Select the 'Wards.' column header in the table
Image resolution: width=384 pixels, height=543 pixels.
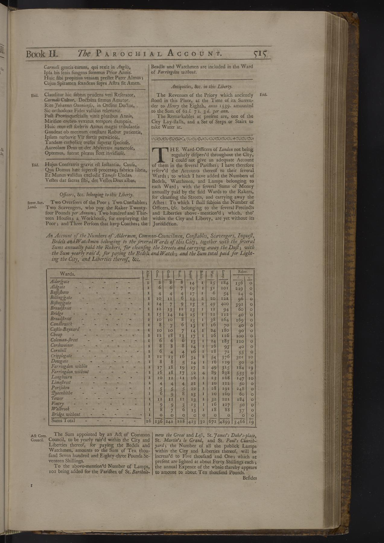pyautogui.click(x=68, y=274)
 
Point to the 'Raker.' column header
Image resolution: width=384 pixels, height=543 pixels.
pyautogui.click(x=243, y=271)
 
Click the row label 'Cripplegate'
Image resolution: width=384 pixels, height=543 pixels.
pyautogui.click(x=61, y=356)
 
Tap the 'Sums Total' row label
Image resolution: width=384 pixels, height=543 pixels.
pyautogui.click(x=63, y=420)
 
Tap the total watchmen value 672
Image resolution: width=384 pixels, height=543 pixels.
pyautogui.click(x=213, y=421)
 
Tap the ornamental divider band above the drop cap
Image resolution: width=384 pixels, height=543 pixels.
pyautogui.click(x=202, y=139)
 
